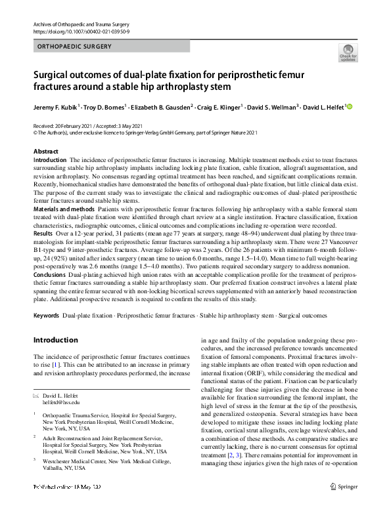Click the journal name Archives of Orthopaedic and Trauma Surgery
(79, 24)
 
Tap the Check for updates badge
(348, 53)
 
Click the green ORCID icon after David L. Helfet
(350, 106)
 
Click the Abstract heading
(46, 152)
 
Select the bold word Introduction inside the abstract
(50, 160)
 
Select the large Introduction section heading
(55, 340)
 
